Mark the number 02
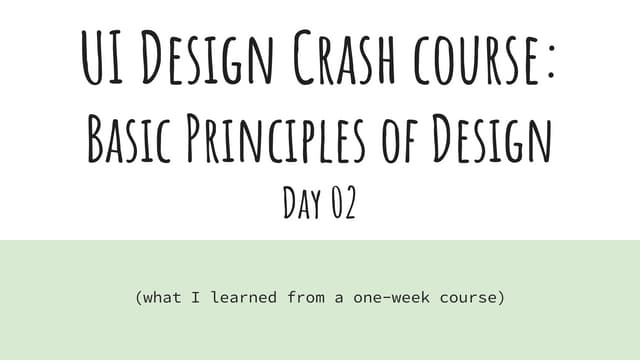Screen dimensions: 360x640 pyautogui.click(x=339, y=204)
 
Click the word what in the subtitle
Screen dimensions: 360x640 pyautogui.click(x=163, y=298)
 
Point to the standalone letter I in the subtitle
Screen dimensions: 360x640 pyautogui.click(x=197, y=298)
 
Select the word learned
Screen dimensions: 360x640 pyautogui.click(x=244, y=298)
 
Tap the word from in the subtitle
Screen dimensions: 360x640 pyautogui.click(x=304, y=298)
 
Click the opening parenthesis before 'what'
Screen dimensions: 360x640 pyautogui.click(x=137, y=298)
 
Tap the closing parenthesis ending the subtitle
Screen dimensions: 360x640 pyautogui.click(x=501, y=298)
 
